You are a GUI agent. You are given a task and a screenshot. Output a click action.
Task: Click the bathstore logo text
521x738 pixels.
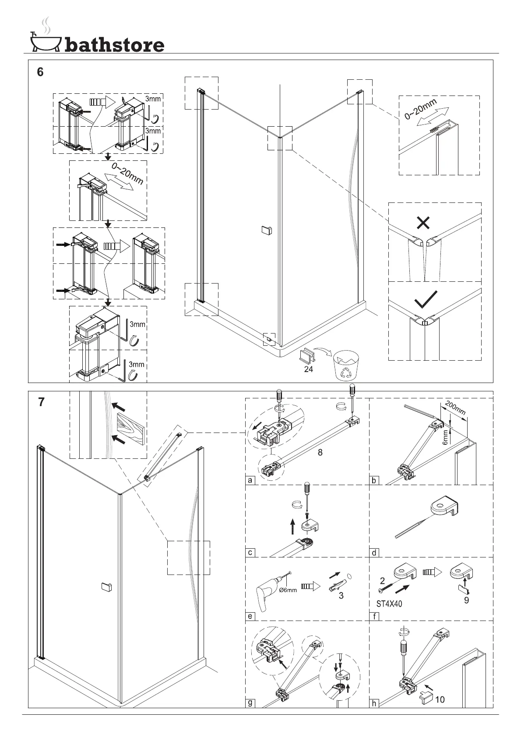[x=114, y=44]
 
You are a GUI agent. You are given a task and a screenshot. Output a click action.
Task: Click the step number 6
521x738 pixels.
[x=40, y=72]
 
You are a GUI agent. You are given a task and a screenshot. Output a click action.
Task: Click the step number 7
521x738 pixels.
[x=41, y=401]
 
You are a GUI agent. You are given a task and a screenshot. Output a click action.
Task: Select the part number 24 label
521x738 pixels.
[x=309, y=369]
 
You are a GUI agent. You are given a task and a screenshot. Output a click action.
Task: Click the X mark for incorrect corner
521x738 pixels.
[x=423, y=223]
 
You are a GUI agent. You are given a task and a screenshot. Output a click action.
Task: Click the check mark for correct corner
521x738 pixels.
[x=426, y=299]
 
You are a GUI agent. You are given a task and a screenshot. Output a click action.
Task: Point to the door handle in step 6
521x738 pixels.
[x=266, y=230]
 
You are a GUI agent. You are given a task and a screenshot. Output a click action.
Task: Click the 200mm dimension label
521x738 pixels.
[x=455, y=408]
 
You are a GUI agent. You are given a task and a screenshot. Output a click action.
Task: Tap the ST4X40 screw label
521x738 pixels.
[x=389, y=604]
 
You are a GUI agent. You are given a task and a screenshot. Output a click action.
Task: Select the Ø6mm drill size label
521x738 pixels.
[x=288, y=590]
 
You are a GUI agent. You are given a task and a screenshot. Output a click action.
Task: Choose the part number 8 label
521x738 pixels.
[x=320, y=452]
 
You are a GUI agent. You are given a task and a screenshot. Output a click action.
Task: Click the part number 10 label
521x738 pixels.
[x=439, y=699]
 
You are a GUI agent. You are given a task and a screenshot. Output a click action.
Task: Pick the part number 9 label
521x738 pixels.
[x=467, y=600]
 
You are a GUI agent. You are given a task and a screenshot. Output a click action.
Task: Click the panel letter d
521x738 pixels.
[x=374, y=553]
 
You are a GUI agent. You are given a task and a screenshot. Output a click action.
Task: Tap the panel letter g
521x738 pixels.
[x=250, y=703]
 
